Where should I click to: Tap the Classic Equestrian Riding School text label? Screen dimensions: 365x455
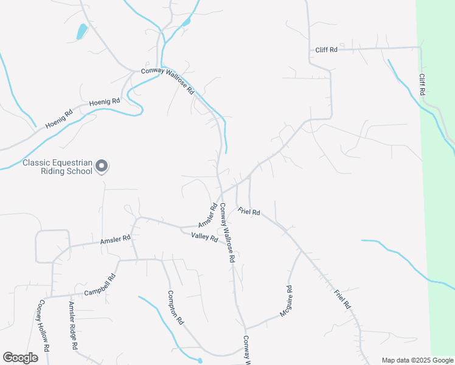click(57, 167)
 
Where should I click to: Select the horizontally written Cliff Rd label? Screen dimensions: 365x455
click(326, 50)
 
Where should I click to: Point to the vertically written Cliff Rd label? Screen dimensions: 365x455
click(421, 84)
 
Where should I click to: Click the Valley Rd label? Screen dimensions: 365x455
click(204, 237)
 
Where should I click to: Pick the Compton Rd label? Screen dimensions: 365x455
click(176, 308)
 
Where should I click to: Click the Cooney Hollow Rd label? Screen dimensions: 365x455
click(43, 326)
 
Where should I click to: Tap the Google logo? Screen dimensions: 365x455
click(20, 358)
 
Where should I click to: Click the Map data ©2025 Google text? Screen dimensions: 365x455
click(417, 360)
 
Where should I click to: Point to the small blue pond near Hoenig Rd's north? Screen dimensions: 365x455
click(81, 31)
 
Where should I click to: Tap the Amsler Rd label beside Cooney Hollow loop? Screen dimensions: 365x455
click(115, 240)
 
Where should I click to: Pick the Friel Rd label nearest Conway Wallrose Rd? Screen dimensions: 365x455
click(249, 212)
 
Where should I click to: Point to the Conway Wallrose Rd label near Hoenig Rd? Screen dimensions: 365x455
click(167, 80)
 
